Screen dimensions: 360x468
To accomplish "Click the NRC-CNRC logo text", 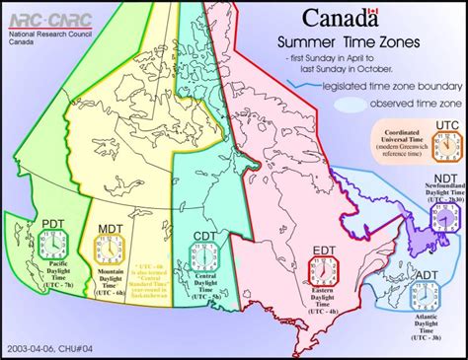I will click(33, 19).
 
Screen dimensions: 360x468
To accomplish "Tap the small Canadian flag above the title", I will click(373, 11).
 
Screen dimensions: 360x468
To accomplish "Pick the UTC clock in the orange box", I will click(446, 146).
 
